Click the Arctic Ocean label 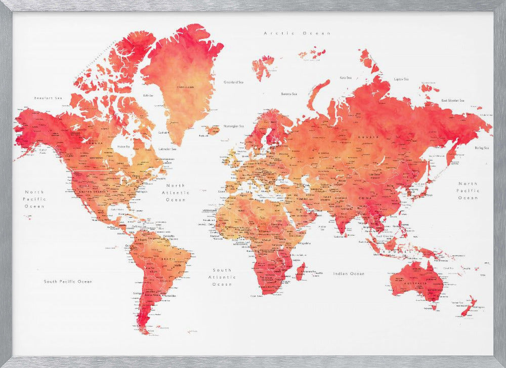click(x=297, y=33)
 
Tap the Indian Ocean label click(x=349, y=273)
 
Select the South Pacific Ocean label click(x=68, y=281)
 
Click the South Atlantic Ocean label click(x=223, y=277)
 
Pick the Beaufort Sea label click(x=48, y=98)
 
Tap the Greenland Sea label click(x=234, y=81)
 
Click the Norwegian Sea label click(x=234, y=126)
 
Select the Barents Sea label click(x=289, y=94)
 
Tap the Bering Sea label click(x=482, y=148)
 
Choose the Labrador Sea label click(x=167, y=149)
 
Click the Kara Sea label click(x=346, y=77)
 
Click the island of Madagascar click(x=300, y=271)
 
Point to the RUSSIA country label click(x=366, y=137)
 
